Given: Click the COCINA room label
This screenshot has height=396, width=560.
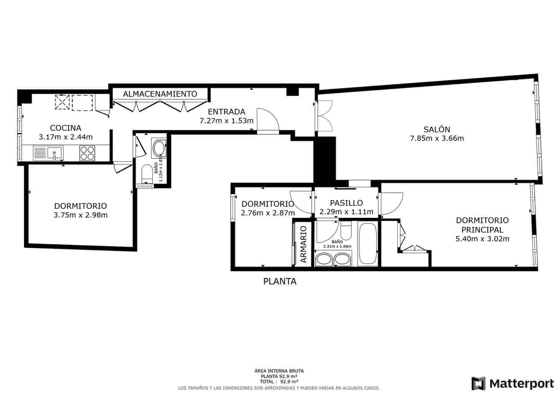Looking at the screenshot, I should coord(65,128).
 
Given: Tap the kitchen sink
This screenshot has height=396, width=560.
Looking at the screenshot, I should coord(54,153).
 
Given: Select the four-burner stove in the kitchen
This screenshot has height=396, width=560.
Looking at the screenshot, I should coord(87,153).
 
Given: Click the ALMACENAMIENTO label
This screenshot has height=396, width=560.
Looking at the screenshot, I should coord(160,94).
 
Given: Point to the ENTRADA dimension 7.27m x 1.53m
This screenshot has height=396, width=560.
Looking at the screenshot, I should coord(227,121).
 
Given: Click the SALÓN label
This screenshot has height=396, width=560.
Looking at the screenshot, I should coord(436,130).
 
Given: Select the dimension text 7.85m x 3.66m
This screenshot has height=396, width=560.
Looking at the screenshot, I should coord(437,138).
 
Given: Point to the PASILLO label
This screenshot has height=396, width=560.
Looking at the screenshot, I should coord(346,203).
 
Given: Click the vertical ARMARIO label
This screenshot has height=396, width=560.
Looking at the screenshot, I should coord(304,244).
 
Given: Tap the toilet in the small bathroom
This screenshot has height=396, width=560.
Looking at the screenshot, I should coord(147,174).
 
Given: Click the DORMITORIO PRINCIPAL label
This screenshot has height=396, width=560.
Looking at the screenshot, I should coord(482,225).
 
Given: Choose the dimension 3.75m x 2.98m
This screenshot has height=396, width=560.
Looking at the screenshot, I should coord(81,215).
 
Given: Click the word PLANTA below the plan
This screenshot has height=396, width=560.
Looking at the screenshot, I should coord(280,281).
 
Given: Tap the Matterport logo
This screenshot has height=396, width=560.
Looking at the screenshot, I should coord(513,383).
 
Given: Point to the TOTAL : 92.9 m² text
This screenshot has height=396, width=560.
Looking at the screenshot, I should coord(279,381).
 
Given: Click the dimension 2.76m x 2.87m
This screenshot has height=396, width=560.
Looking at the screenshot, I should coord(268,213).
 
